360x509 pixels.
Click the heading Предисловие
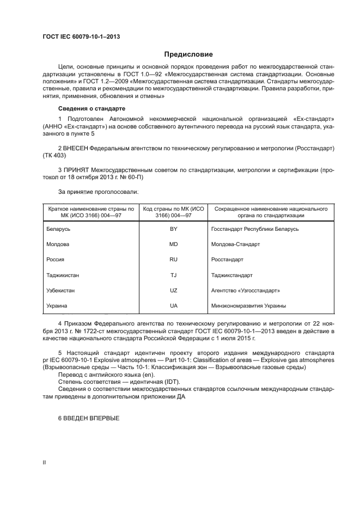pyautogui.click(x=188, y=54)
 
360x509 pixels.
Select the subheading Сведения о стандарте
pyautogui.click(x=88, y=109)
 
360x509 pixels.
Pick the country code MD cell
pyautogui.click(x=174, y=245)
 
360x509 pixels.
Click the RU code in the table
pyautogui.click(x=174, y=260)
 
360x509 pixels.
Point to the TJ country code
pyautogui.click(x=174, y=275)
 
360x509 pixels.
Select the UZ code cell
pyautogui.click(x=174, y=291)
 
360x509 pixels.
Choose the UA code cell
pyautogui.click(x=174, y=306)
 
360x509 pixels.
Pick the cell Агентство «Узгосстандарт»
pyautogui.click(x=245, y=291)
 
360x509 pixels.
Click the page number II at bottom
pyautogui.click(x=45, y=462)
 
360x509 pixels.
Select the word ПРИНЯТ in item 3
pyautogui.click(x=77, y=170)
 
